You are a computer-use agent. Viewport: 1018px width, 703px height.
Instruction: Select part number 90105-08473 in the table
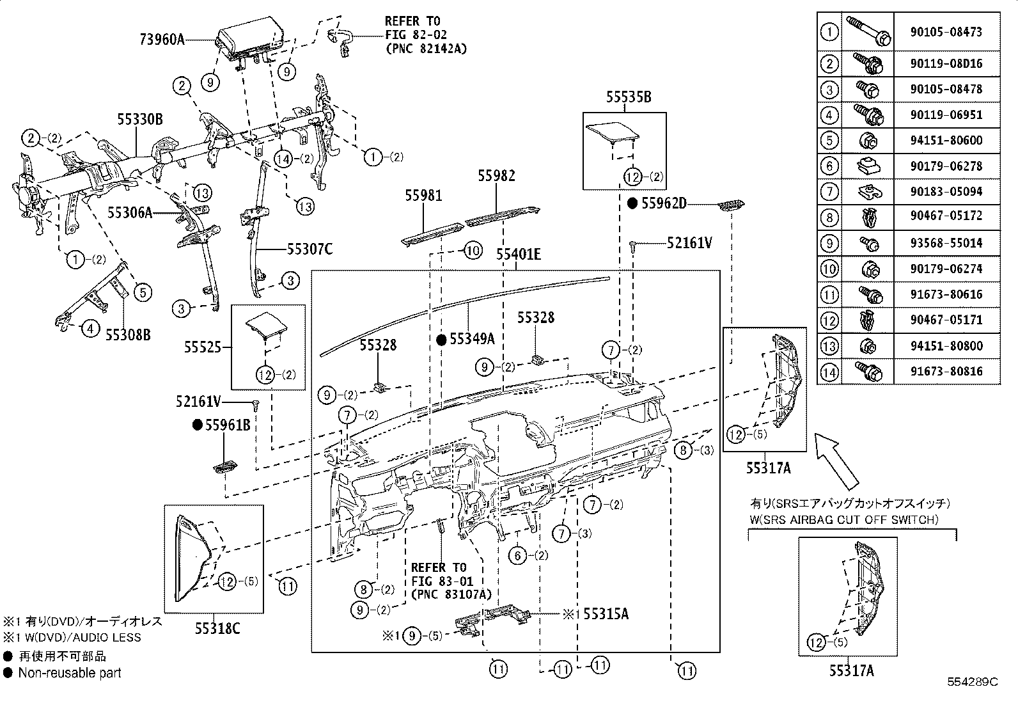coord(946,32)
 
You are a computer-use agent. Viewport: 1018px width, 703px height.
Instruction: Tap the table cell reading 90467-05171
coord(946,320)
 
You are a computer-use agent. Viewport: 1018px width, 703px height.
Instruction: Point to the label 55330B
coord(139,119)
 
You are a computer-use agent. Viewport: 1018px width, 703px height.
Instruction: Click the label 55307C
coord(309,249)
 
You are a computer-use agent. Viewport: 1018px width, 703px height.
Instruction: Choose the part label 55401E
coord(518,255)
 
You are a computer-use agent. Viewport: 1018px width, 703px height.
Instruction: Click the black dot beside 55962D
coord(632,203)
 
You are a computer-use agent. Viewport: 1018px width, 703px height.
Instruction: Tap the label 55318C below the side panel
coord(217,629)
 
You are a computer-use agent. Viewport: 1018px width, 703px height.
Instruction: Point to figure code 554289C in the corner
coord(973,682)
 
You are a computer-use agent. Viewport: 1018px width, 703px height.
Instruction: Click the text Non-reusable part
coord(69,672)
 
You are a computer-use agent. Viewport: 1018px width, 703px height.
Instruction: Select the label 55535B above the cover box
coord(629,97)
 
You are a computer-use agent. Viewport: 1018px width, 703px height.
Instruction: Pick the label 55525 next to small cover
coord(203,347)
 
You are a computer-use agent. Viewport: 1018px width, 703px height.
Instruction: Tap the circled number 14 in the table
coord(829,372)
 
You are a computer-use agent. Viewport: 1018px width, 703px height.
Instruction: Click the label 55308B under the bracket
coord(128,334)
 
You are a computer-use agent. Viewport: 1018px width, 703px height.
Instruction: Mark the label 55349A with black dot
coord(472,339)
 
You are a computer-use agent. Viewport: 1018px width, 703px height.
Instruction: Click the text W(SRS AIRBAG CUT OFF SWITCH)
coord(844,519)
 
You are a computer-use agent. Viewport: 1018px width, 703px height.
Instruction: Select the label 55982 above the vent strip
coord(496,175)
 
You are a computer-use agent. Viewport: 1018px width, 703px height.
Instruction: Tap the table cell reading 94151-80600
coord(946,141)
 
